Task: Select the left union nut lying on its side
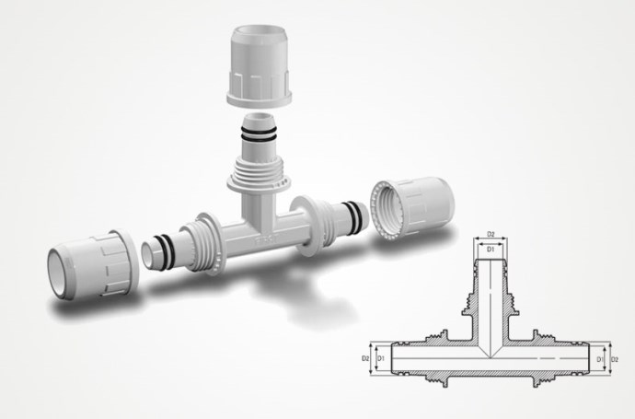pos(93,264)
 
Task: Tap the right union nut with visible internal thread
pos(412,206)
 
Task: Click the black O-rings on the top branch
pos(260,134)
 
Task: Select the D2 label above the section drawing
pos(491,234)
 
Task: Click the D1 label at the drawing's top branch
pos(491,250)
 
